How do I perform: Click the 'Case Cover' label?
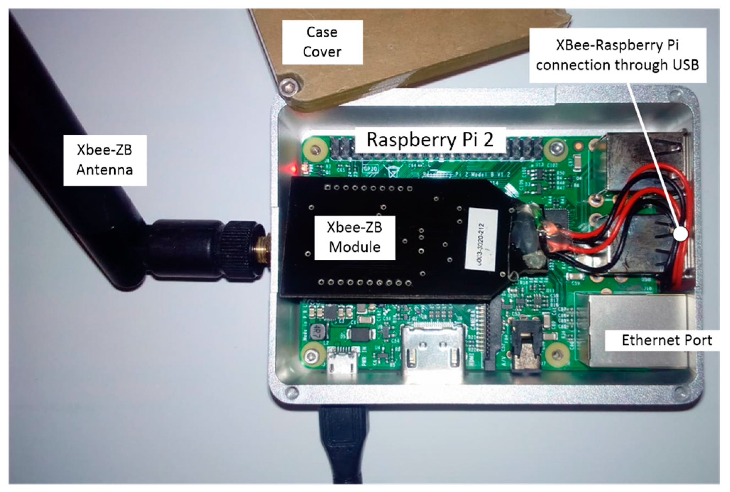(322, 42)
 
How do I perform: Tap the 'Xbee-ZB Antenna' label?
(105, 160)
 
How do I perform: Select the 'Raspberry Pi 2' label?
(430, 140)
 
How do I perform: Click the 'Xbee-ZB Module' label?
(355, 237)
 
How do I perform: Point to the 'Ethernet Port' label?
(666, 340)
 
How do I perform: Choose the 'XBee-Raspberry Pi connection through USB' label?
(617, 55)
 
